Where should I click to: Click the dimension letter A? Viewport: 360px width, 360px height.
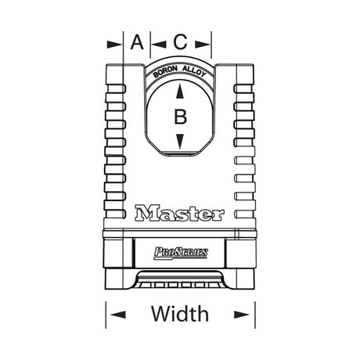pyautogui.click(x=137, y=42)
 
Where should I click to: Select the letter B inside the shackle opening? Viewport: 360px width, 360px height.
pyautogui.click(x=180, y=117)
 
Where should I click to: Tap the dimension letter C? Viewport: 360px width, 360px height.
pyautogui.click(x=180, y=42)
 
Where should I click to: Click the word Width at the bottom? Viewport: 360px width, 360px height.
pyautogui.click(x=180, y=315)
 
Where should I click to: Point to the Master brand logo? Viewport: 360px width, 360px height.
pyautogui.click(x=180, y=212)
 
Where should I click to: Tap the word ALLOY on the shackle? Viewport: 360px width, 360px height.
pyautogui.click(x=195, y=72)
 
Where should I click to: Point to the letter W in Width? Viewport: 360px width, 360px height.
pyautogui.click(x=161, y=315)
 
